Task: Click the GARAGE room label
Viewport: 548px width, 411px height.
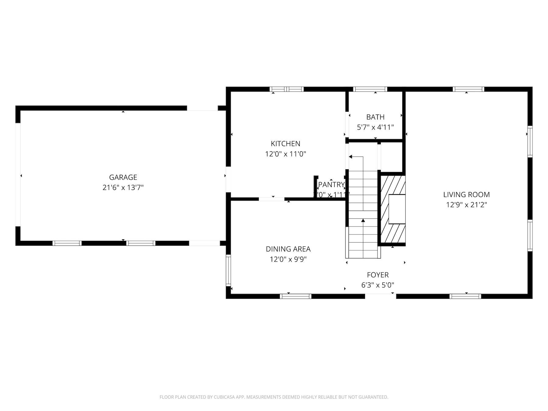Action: pyautogui.click(x=123, y=177)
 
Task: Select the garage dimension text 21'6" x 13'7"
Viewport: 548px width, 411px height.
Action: pyautogui.click(x=123, y=188)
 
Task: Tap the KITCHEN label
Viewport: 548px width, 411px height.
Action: pyautogui.click(x=286, y=143)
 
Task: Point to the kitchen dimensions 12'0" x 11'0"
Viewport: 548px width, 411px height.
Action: pyautogui.click(x=286, y=154)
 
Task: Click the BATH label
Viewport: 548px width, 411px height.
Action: pyautogui.click(x=375, y=117)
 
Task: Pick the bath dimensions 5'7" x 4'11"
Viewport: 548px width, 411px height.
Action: pyautogui.click(x=375, y=127)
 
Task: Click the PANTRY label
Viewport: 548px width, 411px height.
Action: pyautogui.click(x=331, y=184)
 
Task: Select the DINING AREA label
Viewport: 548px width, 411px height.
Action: pyautogui.click(x=288, y=249)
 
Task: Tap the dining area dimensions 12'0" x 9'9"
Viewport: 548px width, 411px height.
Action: pyautogui.click(x=288, y=259)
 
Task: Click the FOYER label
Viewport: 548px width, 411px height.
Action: pyautogui.click(x=378, y=275)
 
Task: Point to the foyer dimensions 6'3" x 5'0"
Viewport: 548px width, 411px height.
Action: pyautogui.click(x=378, y=285)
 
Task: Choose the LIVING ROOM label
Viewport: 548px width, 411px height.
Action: pyautogui.click(x=466, y=195)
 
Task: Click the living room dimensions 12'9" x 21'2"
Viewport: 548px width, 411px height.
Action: pyautogui.click(x=466, y=205)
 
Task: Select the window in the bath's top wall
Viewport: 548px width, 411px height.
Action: pyautogui.click(x=370, y=89)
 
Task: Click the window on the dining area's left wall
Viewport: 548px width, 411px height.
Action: pyautogui.click(x=228, y=270)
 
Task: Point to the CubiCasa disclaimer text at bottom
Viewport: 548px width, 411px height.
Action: pyautogui.click(x=274, y=397)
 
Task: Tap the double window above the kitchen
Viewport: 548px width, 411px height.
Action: pyautogui.click(x=286, y=89)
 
